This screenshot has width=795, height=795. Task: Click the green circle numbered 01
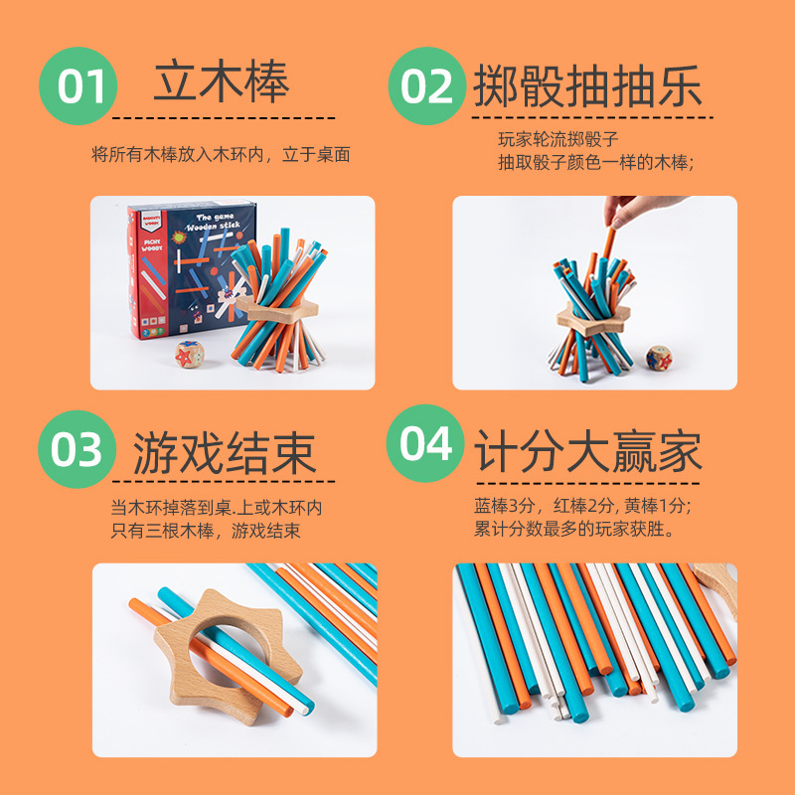pos(79,85)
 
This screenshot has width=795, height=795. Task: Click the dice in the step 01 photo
pos(190,353)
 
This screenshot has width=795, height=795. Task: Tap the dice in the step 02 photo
pos(658,357)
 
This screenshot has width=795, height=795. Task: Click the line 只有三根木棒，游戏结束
pos(206,531)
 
